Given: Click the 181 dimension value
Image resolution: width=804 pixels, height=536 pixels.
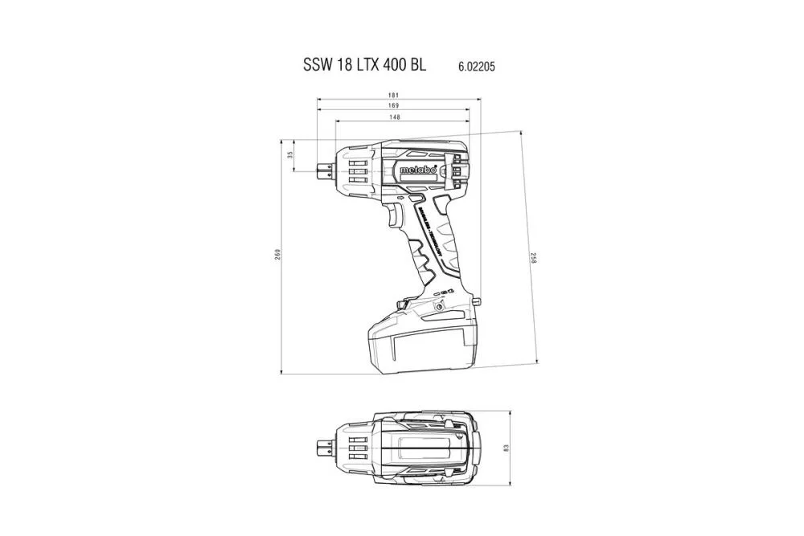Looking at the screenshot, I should click(394, 95).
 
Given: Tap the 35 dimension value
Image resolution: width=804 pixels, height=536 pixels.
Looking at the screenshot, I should click(291, 155).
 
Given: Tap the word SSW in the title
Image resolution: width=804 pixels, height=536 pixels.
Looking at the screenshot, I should click(318, 66).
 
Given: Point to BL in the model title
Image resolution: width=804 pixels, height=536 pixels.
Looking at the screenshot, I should click(417, 66).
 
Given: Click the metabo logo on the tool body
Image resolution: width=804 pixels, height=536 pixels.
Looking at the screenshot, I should click(418, 170).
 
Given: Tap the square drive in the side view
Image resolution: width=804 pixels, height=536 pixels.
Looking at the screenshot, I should click(325, 169).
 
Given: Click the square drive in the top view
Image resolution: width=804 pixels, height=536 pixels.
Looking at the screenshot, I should click(325, 448).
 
